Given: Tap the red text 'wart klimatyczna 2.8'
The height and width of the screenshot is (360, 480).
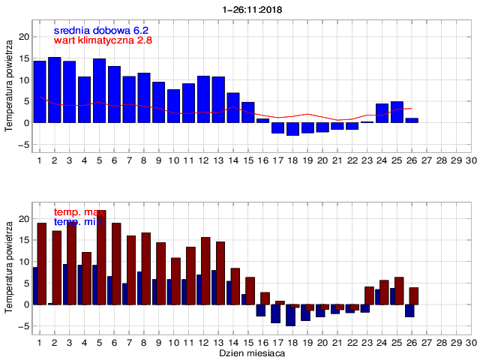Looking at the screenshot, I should (103, 40).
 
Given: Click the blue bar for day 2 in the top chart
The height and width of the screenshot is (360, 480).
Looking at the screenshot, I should (54, 90).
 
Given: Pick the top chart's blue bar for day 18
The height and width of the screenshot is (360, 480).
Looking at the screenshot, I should (292, 129).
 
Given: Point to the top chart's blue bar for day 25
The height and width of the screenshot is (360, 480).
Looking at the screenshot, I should (397, 112).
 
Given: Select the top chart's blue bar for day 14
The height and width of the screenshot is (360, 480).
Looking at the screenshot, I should (233, 107).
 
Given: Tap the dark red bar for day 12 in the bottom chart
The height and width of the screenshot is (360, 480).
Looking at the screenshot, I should (205, 271).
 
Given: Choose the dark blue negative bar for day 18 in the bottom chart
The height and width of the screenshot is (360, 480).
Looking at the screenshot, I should (290, 315).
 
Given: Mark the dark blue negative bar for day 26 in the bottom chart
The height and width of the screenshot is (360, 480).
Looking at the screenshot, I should (409, 310).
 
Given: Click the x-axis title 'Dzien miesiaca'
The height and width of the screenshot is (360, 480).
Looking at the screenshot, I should (250, 352).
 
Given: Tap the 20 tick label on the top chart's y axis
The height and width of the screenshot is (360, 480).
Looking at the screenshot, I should (23, 36).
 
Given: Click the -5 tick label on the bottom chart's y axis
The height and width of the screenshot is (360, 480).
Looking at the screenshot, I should (23, 326).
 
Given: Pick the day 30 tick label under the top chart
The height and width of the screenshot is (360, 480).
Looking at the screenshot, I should (471, 160).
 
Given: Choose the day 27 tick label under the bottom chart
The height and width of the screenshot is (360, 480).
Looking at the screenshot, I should (427, 342).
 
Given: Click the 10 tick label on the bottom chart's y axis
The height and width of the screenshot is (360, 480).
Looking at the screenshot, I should (23, 262).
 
